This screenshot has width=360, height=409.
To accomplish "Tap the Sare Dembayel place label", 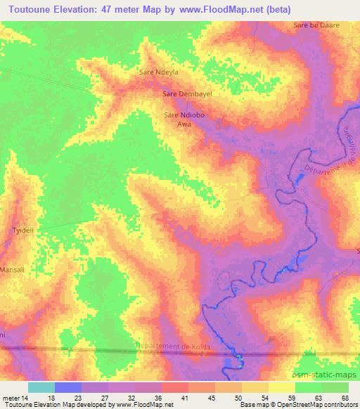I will click(187, 93).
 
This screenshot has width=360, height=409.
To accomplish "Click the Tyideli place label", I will click(24, 229).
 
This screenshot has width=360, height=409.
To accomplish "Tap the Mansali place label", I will click(12, 269).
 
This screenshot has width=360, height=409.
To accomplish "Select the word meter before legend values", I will click(13, 398).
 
